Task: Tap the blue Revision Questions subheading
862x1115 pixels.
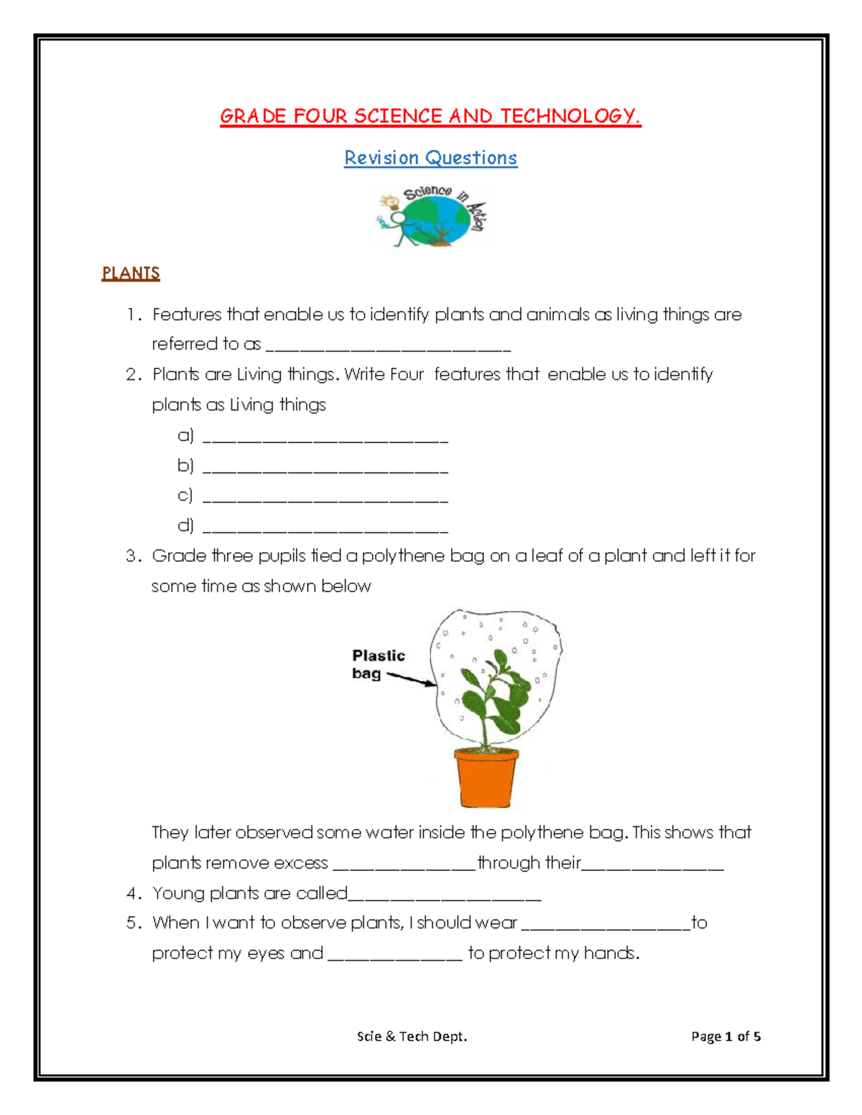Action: click(430, 158)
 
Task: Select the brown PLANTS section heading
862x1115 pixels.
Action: click(131, 273)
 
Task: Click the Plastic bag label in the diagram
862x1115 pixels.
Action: click(377, 664)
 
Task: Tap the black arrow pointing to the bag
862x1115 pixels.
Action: click(411, 679)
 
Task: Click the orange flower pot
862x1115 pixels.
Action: click(486, 777)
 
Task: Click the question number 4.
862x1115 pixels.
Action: click(133, 893)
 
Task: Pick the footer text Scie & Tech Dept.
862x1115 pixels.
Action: click(412, 1036)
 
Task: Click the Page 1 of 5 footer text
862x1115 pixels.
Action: click(726, 1036)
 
